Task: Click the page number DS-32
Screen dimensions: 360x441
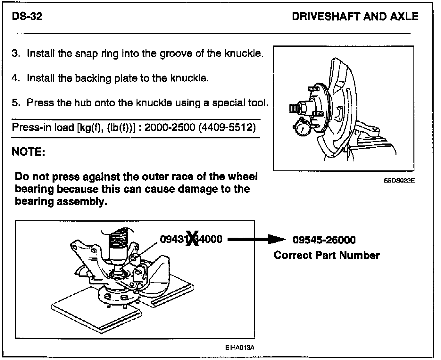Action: click(27, 16)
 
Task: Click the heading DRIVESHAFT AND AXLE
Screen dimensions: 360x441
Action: click(355, 17)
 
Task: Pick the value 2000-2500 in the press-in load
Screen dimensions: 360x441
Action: click(170, 127)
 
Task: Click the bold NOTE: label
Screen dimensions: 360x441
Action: click(29, 151)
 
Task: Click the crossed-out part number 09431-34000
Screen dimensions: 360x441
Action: click(191, 239)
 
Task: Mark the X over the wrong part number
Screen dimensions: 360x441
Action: click(193, 239)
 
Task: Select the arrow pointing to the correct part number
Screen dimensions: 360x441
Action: click(256, 239)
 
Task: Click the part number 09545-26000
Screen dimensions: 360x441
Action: click(324, 240)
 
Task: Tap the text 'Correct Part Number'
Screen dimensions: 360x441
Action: click(327, 255)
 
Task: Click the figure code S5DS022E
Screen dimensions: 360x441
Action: click(399, 180)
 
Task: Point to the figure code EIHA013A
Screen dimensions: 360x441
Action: click(240, 348)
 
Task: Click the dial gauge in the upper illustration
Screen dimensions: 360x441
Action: click(302, 129)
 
